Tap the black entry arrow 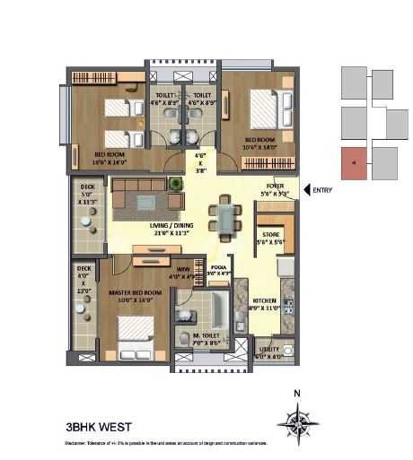point(307,189)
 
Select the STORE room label point(271,237)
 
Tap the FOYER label point(275,188)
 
